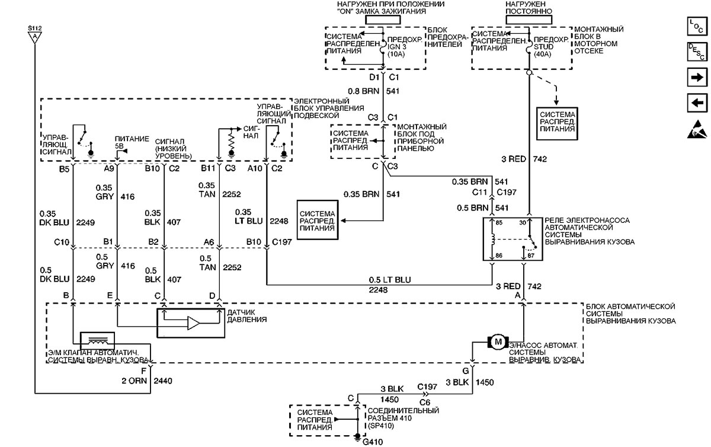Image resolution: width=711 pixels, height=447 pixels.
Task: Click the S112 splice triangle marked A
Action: pos(35,38)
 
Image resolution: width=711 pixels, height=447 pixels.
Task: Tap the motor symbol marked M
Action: pos(498,342)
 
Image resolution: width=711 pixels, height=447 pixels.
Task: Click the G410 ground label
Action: pos(373,442)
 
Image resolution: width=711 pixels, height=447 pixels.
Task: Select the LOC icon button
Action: pos(697,26)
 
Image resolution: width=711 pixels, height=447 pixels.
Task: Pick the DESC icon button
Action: pos(697,52)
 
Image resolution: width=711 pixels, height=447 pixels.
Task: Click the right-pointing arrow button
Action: pos(697,77)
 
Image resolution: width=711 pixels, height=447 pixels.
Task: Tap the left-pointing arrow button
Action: pos(697,103)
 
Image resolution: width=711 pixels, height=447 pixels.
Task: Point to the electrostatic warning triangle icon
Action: pos(697,129)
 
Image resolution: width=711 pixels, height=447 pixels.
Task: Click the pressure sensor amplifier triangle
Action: pos(194,323)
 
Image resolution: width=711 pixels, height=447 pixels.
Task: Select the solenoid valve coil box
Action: pos(97,341)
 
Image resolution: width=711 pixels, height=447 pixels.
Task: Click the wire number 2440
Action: pos(163,381)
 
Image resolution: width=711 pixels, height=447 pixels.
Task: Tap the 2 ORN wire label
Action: pos(134,381)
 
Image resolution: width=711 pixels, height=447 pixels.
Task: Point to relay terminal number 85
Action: pos(499,223)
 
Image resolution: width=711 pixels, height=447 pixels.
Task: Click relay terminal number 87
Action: pos(531,255)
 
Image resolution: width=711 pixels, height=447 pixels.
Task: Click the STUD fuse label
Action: pos(543,47)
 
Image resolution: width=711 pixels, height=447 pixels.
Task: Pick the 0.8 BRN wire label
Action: pos(363,91)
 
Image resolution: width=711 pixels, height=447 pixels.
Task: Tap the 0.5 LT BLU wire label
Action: pos(389,280)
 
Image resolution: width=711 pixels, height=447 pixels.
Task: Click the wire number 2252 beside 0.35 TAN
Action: pos(232,194)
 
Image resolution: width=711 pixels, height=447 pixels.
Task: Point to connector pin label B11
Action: pos(208,168)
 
